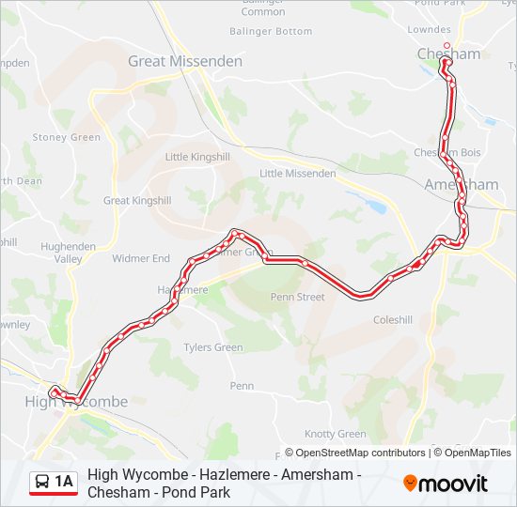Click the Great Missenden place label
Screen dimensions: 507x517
[x=185, y=61]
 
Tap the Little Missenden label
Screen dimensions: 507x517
[x=297, y=174]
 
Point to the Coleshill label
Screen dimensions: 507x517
[x=393, y=320]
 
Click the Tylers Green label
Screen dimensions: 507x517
[x=213, y=347]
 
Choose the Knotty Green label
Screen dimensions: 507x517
[x=335, y=434]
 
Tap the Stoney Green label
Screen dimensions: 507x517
[x=66, y=137]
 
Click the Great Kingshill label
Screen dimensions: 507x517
[x=137, y=201]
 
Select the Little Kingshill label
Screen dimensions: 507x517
[x=196, y=157]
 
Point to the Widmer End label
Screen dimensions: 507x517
[x=141, y=258]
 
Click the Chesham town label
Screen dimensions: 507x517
[x=448, y=54]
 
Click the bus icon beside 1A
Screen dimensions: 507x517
[x=42, y=483]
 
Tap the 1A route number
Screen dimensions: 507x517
[x=64, y=483]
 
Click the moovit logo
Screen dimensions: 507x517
[x=446, y=484]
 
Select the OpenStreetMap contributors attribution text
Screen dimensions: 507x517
[x=354, y=453]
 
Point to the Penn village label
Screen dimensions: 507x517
[x=242, y=386]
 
